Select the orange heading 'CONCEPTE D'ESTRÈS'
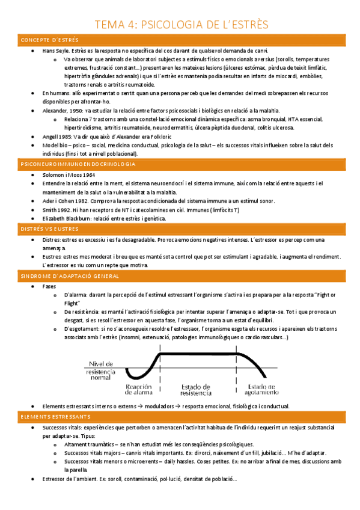(50, 40)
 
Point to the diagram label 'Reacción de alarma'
(137, 390)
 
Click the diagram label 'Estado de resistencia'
(192, 390)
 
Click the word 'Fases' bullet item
(50, 286)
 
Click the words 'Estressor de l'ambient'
(75, 479)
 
